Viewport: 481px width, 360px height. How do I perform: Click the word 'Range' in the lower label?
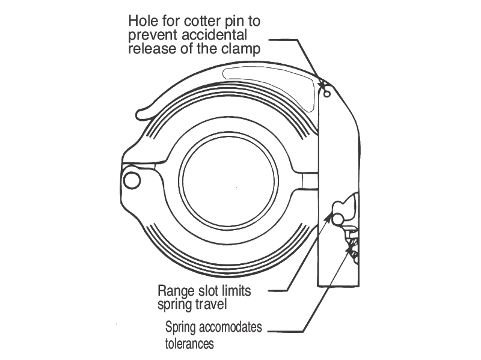click(176, 291)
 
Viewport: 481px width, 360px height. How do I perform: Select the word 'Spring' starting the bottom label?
click(182, 329)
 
